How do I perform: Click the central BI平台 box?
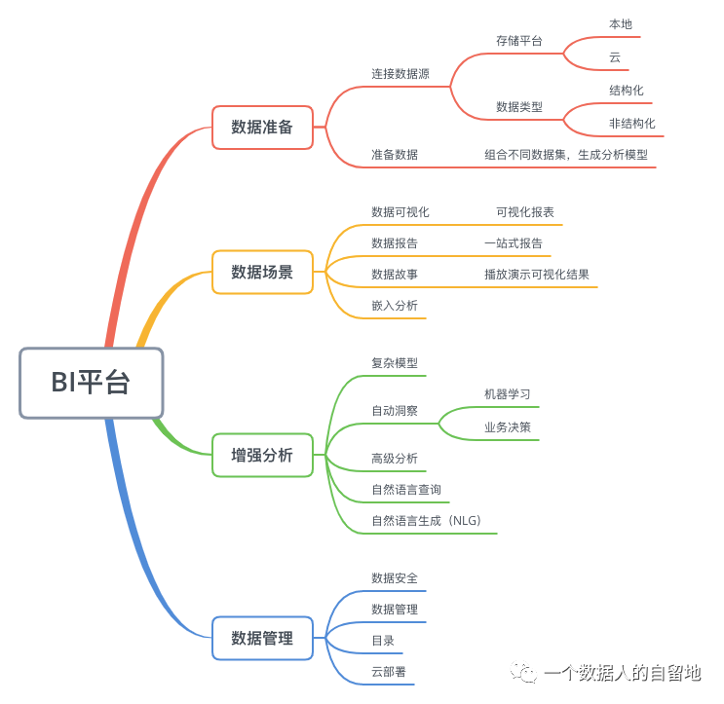(x=91, y=383)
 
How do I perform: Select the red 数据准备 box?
(x=262, y=127)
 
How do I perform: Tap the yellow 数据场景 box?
(x=262, y=272)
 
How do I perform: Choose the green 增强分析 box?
(x=262, y=455)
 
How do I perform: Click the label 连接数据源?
(x=400, y=74)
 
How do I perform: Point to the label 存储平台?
(x=518, y=41)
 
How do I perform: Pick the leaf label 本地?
(x=621, y=23)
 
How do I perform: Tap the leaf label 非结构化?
(x=631, y=124)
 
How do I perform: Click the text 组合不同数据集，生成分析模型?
(x=566, y=154)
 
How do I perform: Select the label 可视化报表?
(x=524, y=212)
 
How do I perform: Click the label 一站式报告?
(x=513, y=243)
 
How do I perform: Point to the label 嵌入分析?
(x=394, y=306)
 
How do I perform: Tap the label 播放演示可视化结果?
(x=536, y=275)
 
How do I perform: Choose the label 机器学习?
(x=507, y=394)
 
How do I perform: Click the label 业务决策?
(x=507, y=427)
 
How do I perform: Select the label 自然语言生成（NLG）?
(x=426, y=521)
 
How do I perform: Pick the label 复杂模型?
(x=394, y=363)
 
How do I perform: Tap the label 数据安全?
(x=394, y=578)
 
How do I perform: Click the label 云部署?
(x=388, y=672)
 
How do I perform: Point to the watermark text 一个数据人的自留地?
(x=622, y=673)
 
